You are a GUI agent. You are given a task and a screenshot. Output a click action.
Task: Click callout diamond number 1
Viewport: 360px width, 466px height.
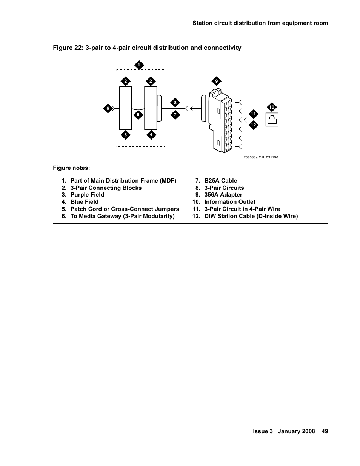click(138, 65)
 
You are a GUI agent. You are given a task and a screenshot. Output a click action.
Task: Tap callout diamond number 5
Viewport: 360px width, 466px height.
click(138, 115)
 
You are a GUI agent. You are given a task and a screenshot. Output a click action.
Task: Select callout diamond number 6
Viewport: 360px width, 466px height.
click(108, 108)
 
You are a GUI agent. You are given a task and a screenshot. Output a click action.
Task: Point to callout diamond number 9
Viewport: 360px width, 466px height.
click(216, 81)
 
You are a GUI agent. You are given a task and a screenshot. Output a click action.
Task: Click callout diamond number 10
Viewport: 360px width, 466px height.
click(272, 107)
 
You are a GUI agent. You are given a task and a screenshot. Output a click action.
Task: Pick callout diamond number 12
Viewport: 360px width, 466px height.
click(253, 125)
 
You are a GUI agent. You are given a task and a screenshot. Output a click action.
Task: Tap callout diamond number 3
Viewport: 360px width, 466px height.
click(126, 135)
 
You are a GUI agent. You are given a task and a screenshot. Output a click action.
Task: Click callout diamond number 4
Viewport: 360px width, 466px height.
click(151, 135)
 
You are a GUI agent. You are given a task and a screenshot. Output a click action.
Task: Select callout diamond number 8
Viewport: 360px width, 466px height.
click(175, 103)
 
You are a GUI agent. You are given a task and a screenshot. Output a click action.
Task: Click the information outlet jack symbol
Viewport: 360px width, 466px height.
click(272, 120)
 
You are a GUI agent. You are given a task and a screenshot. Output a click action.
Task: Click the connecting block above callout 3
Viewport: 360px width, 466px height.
click(126, 108)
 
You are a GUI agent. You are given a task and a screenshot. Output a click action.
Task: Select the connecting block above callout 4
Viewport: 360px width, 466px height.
click(151, 108)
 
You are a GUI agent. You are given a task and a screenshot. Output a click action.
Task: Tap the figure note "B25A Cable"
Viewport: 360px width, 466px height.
click(220, 181)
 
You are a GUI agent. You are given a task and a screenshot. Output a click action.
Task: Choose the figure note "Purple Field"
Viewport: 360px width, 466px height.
click(87, 195)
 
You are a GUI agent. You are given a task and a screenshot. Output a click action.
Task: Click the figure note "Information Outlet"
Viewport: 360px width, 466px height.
click(229, 202)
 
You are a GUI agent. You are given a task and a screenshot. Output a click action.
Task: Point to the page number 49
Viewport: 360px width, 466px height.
click(325, 431)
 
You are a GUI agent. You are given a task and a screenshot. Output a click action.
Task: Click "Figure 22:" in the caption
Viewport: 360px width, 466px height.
click(68, 48)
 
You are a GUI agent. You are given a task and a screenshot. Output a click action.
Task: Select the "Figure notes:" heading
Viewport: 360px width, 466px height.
click(71, 168)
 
